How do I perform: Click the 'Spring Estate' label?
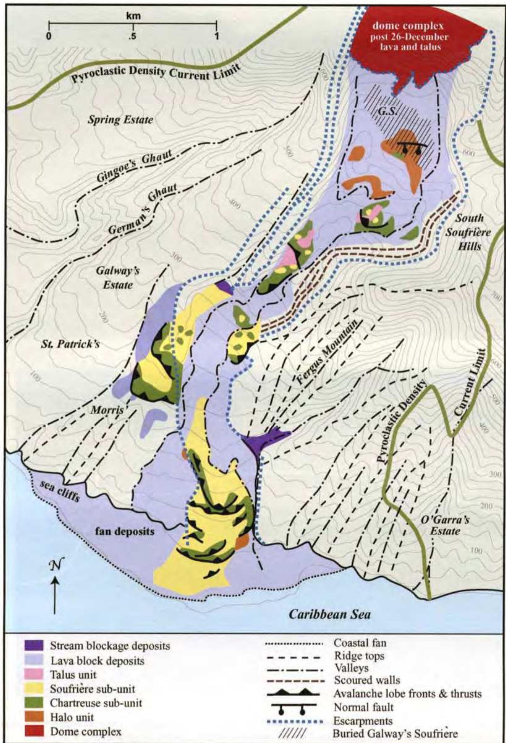tap(120, 120)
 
